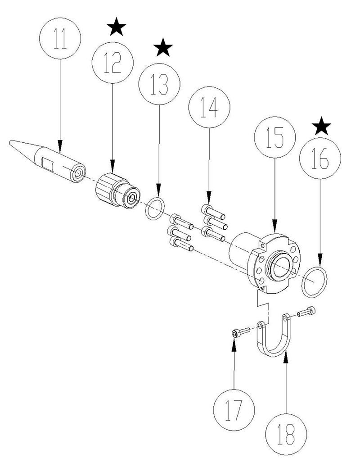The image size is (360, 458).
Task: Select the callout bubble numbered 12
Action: (112, 63)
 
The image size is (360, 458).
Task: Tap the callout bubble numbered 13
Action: (160, 85)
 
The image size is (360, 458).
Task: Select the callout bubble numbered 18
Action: (286, 434)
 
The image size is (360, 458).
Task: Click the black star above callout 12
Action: (117, 28)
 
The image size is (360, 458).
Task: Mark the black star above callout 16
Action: (322, 127)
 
